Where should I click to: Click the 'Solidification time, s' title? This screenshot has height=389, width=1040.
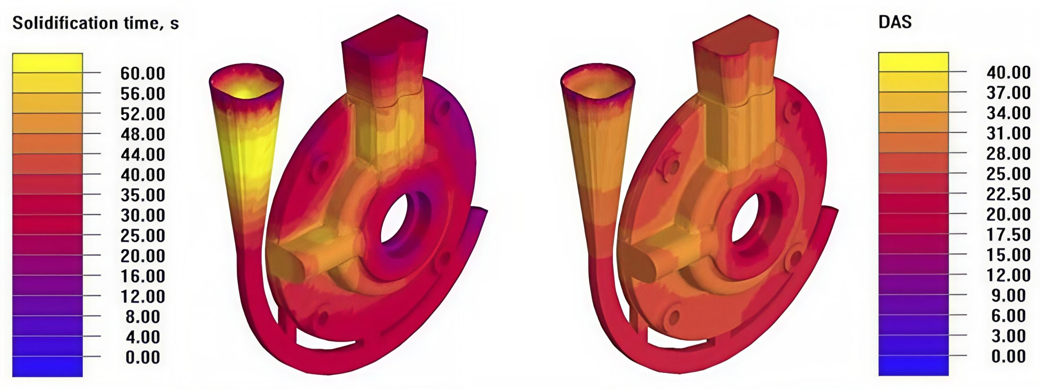(x=95, y=23)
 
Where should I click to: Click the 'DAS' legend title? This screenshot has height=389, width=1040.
(x=895, y=22)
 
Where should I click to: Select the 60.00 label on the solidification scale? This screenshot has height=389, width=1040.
(x=143, y=74)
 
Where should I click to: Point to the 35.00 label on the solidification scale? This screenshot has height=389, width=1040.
(x=143, y=196)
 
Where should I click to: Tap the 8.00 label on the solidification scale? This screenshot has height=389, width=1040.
(x=143, y=317)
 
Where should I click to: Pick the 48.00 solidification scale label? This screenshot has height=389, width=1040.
(x=143, y=134)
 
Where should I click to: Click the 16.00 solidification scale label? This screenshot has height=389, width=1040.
(x=143, y=276)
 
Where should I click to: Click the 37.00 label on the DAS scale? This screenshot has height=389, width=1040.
(x=1009, y=93)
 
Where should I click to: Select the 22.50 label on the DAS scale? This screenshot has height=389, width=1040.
(x=1009, y=194)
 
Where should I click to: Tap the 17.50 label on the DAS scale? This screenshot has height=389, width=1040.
(x=1009, y=235)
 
